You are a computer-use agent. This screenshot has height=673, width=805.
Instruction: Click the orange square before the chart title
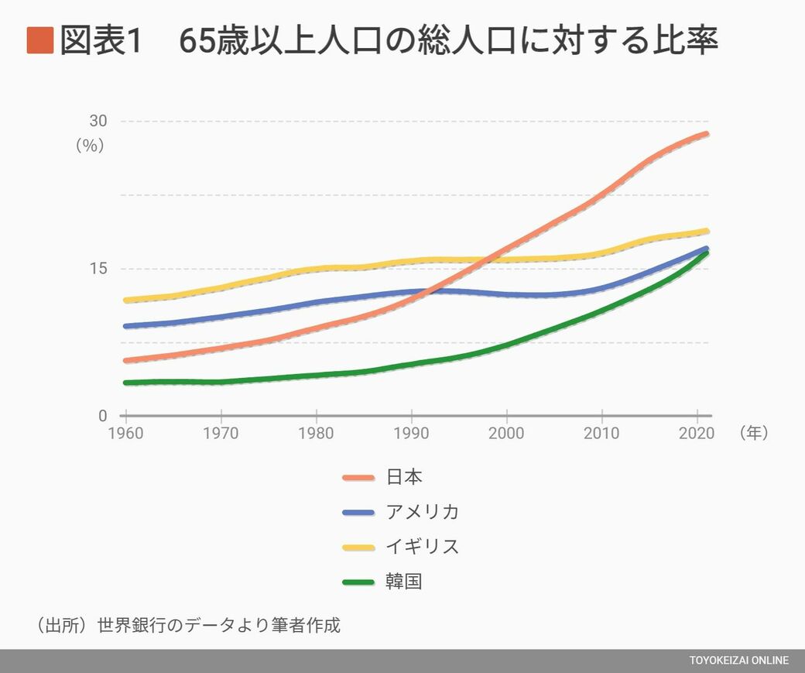tap(39, 41)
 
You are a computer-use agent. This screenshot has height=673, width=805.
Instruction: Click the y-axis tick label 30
tap(98, 121)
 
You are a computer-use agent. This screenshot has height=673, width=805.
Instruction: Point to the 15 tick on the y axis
tap(98, 269)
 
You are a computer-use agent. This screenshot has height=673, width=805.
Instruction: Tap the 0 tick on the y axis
tap(102, 416)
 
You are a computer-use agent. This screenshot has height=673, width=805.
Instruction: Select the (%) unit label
tap(89, 145)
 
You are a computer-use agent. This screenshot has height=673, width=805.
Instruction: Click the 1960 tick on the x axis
tap(125, 433)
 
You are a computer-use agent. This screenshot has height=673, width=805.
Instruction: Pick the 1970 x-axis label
tap(221, 433)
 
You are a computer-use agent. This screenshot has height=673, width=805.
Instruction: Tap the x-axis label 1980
tap(316, 433)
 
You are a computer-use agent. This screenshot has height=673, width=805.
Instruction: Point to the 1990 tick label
tap(411, 433)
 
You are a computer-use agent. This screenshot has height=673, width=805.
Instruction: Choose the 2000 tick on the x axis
tap(506, 433)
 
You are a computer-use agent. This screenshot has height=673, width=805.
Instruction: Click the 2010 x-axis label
tap(601, 433)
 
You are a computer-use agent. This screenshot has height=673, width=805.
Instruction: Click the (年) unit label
tap(753, 433)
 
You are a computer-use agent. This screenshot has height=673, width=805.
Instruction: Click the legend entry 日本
tap(404, 477)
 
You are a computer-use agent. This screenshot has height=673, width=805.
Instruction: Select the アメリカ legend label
tap(422, 512)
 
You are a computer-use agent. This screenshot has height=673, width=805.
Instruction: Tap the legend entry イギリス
tap(422, 547)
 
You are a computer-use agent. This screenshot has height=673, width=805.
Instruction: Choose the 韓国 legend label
tap(404, 582)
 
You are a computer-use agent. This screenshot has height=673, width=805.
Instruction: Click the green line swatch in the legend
tap(359, 582)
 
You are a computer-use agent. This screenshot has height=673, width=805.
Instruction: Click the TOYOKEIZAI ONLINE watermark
tap(739, 661)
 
